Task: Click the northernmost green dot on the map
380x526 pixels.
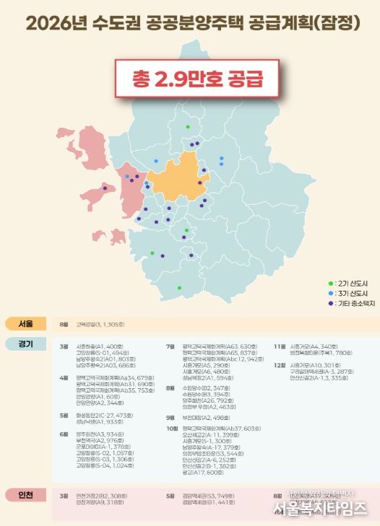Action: click(188, 127)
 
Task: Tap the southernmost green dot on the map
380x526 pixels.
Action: click(179, 288)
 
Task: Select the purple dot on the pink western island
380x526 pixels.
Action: click(105, 188)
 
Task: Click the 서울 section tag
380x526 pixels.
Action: click(25, 325)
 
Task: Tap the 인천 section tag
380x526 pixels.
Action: click(25, 496)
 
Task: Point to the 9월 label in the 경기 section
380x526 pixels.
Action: click(171, 418)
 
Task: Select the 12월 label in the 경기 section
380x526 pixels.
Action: click(280, 365)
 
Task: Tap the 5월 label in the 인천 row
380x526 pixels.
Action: click(171, 496)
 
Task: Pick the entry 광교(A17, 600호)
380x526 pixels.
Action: click(205, 473)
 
